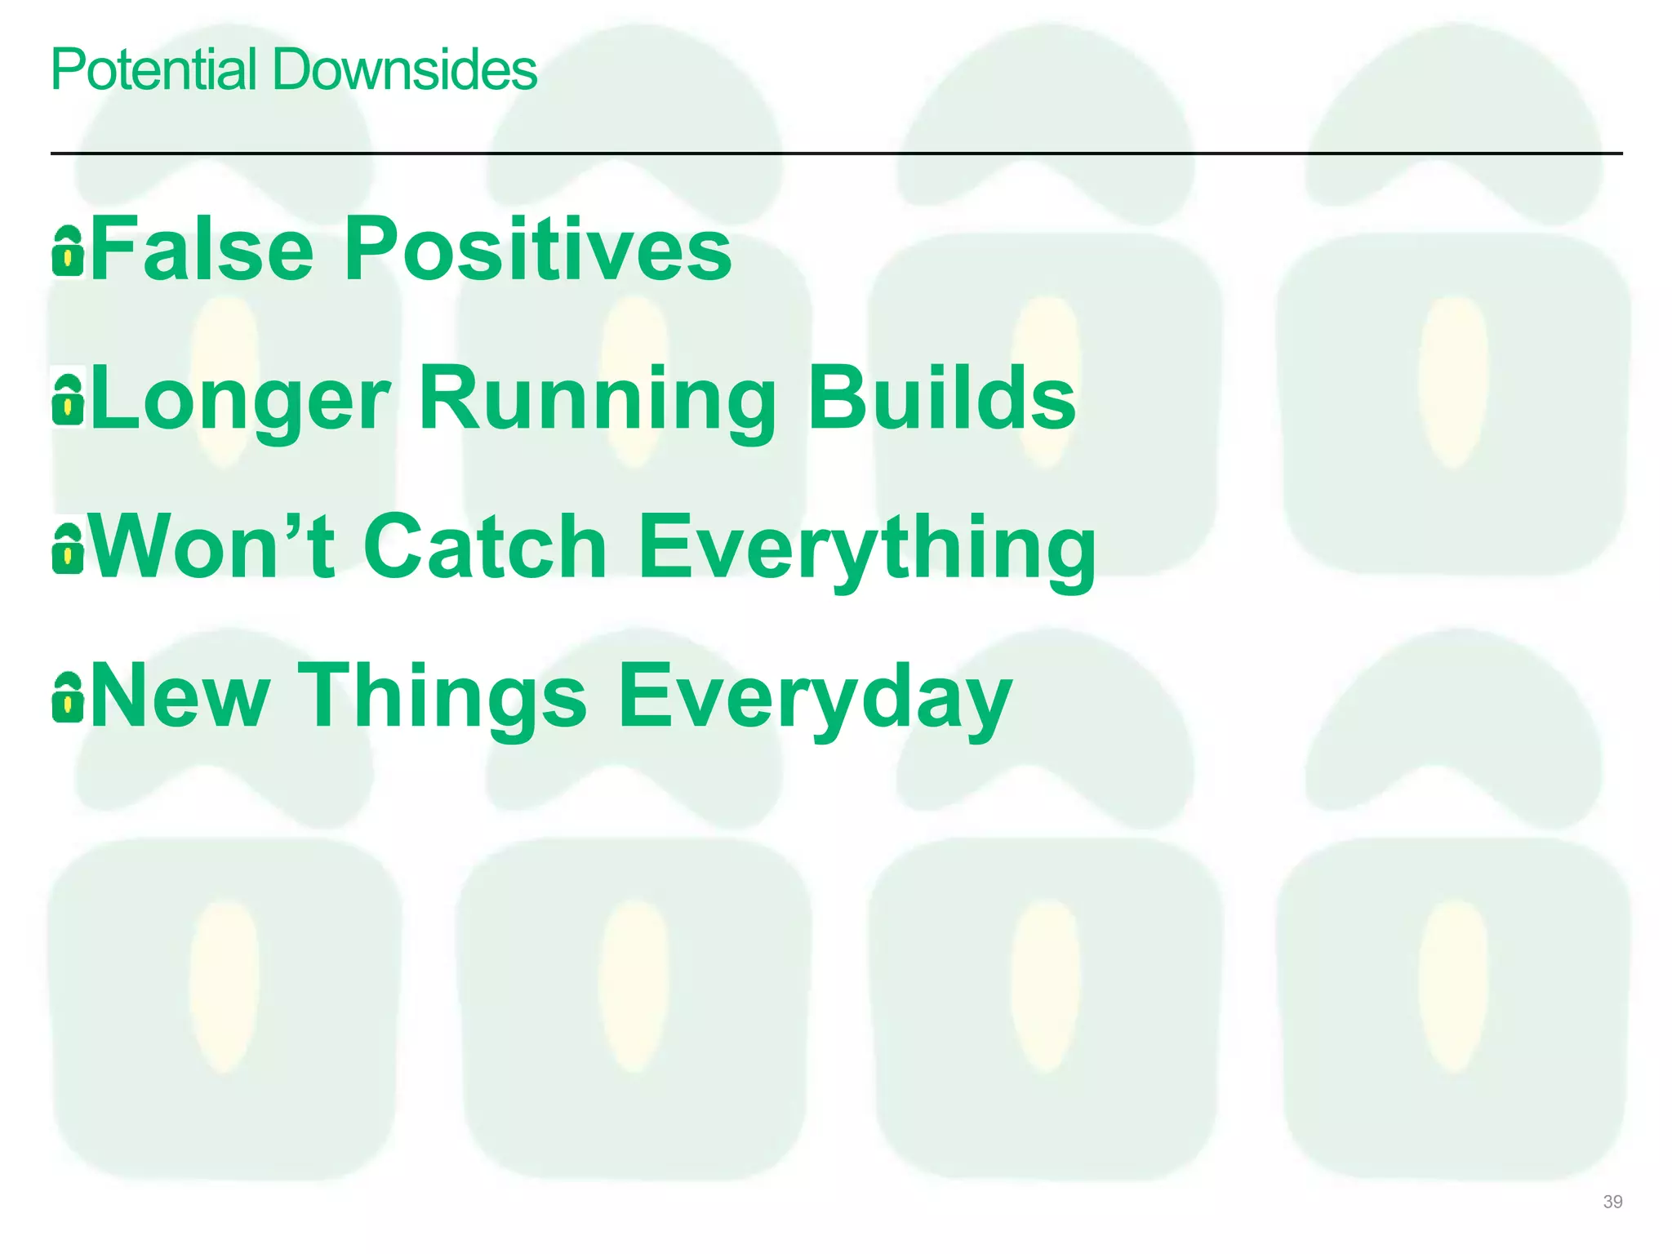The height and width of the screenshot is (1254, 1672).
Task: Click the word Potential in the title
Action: click(x=153, y=70)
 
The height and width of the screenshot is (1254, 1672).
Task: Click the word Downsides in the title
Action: click(x=404, y=70)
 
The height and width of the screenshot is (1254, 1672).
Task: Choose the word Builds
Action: click(x=942, y=398)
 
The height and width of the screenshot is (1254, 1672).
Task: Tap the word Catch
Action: click(x=485, y=547)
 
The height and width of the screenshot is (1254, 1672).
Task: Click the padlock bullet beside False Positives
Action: click(x=68, y=251)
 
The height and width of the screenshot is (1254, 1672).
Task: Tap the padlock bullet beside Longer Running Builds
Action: click(x=68, y=400)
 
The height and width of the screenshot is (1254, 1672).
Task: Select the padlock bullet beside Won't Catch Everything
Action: click(x=68, y=549)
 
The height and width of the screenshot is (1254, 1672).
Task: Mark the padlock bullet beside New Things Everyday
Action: click(x=68, y=697)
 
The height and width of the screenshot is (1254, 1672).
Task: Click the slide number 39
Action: click(x=1612, y=1202)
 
